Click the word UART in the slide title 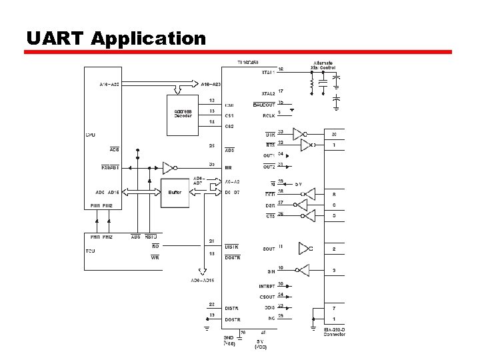coord(55,39)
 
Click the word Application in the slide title coord(148,39)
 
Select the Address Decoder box coord(183,114)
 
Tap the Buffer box coord(175,193)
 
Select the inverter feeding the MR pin coord(168,167)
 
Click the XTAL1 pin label coord(269,72)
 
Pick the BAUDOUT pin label coord(264,105)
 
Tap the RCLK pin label coord(268,115)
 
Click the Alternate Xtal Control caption coord(323,65)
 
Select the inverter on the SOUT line coord(306,249)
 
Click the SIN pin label coord(271,272)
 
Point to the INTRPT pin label coord(267,286)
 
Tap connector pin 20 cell coord(334,135)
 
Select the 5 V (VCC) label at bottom coord(262,344)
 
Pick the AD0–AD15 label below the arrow coord(201,280)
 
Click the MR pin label coord(228,167)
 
